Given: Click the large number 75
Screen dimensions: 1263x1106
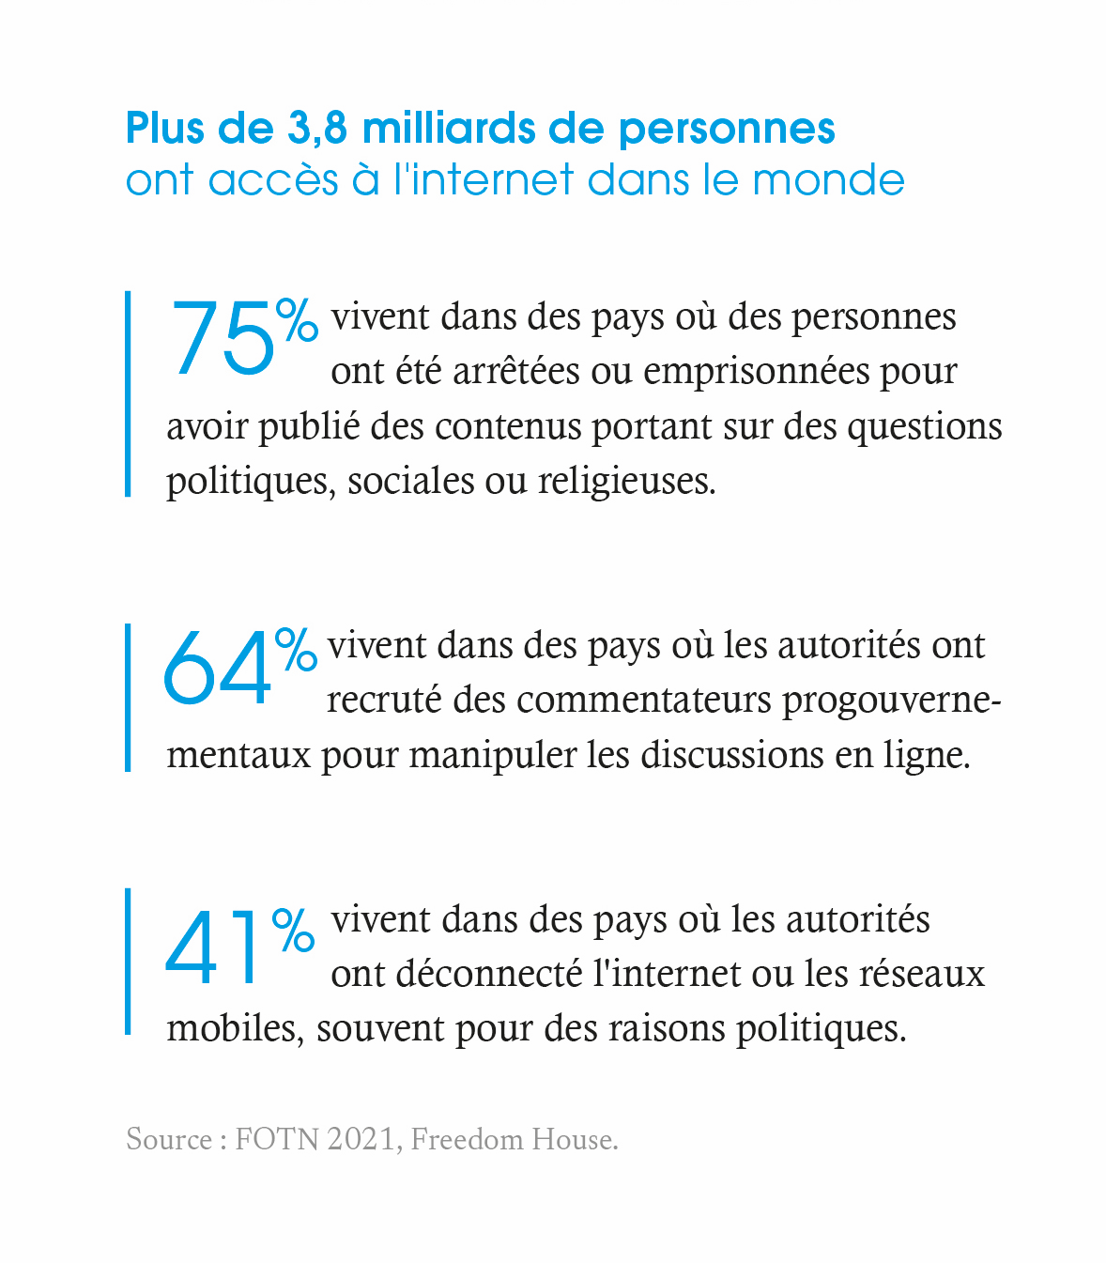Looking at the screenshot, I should [x=223, y=339].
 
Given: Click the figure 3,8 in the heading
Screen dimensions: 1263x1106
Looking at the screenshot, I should [x=318, y=129].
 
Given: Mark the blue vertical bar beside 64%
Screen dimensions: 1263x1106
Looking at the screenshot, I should [x=128, y=697].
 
